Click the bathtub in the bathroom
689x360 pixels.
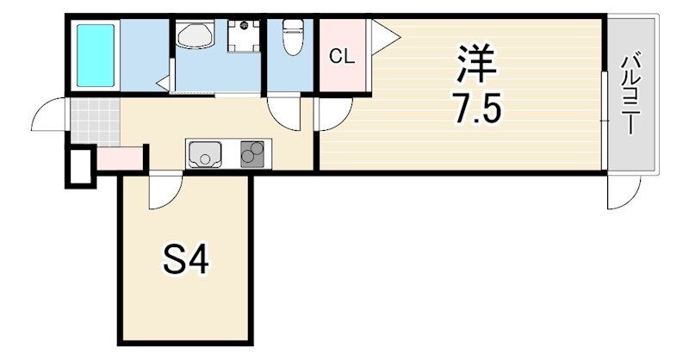click(x=96, y=55)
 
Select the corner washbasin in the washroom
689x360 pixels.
click(x=195, y=35)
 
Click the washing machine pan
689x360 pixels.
click(x=244, y=36)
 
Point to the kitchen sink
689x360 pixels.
click(x=203, y=154)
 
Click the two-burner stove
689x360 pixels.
click(x=252, y=154)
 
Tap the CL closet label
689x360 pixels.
click(x=342, y=56)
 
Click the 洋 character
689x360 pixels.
click(x=477, y=64)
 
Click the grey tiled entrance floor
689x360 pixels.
click(x=95, y=121)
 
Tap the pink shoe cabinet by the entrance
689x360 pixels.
click(x=120, y=158)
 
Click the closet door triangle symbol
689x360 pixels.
click(x=384, y=37)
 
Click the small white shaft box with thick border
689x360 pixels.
click(x=80, y=166)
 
